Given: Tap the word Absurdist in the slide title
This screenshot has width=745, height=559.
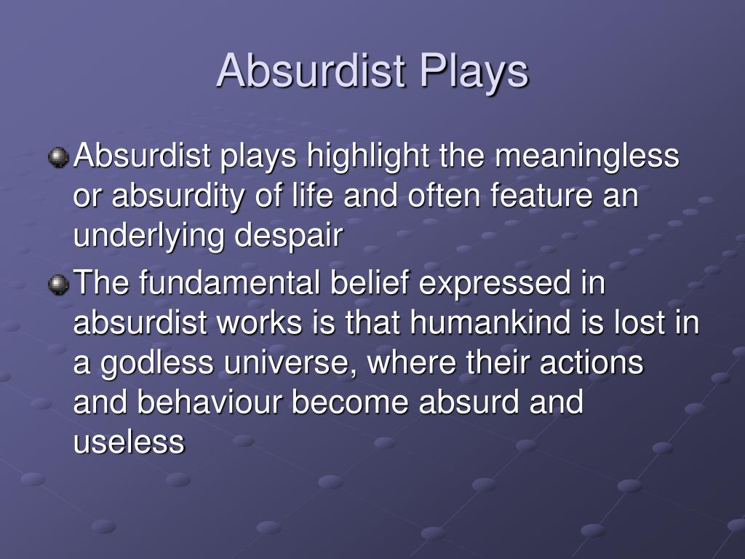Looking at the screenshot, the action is pos(311,71).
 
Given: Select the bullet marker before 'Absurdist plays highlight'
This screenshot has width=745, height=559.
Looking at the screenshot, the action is pos(58,157).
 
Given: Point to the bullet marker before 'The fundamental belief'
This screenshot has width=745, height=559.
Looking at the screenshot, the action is pos(58,285).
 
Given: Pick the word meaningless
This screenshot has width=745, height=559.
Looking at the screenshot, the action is pos(587,156).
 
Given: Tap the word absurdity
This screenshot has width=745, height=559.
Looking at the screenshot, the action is pos(178,197).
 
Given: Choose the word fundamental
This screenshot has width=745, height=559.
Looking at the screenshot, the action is pos(229,283).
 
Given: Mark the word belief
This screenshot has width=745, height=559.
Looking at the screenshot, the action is pos(370,283).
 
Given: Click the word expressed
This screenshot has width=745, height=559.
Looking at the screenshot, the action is pos(495,285).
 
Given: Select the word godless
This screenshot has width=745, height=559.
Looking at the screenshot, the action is pos(157,364).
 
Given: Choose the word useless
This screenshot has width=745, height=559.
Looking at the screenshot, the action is pos(129,442).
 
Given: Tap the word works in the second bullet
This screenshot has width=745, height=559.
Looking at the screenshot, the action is pos(260,322).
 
